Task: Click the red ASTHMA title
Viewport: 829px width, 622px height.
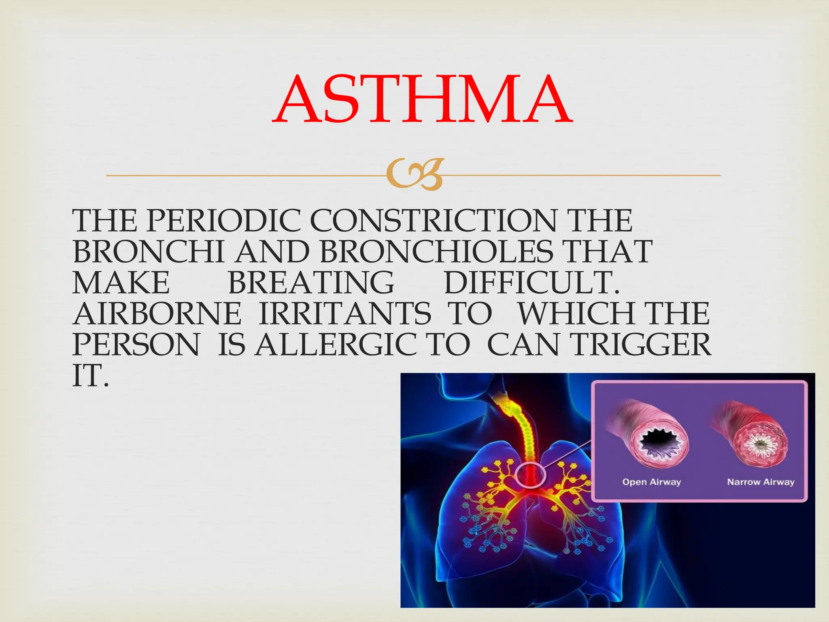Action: (x=422, y=100)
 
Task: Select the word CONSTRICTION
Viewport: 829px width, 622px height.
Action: (x=433, y=221)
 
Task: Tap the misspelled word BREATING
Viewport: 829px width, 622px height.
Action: (x=311, y=283)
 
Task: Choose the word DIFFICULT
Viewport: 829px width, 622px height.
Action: (x=531, y=283)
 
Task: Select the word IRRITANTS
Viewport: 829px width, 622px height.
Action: (x=345, y=314)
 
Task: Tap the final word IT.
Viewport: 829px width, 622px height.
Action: (x=90, y=376)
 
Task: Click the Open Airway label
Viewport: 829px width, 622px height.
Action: (x=651, y=482)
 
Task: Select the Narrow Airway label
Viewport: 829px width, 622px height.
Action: (x=761, y=482)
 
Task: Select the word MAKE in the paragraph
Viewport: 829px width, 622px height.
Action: (x=121, y=283)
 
